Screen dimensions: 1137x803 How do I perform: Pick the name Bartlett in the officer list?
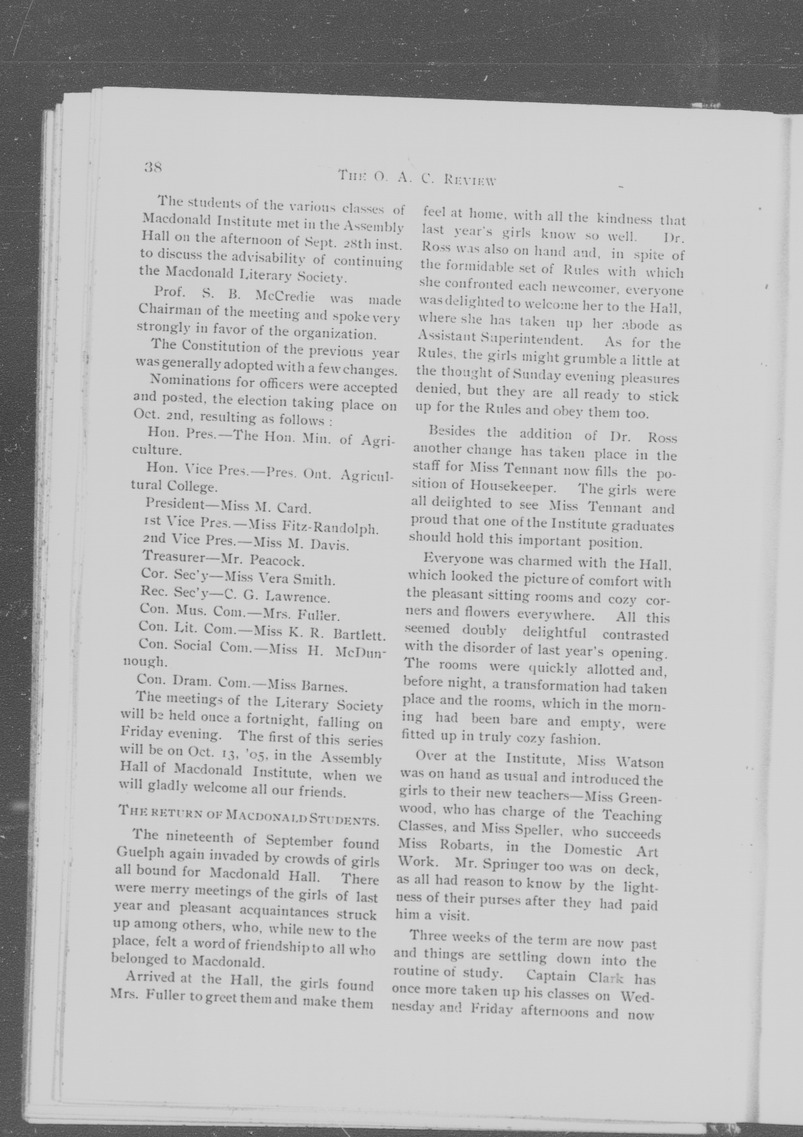(x=359, y=634)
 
